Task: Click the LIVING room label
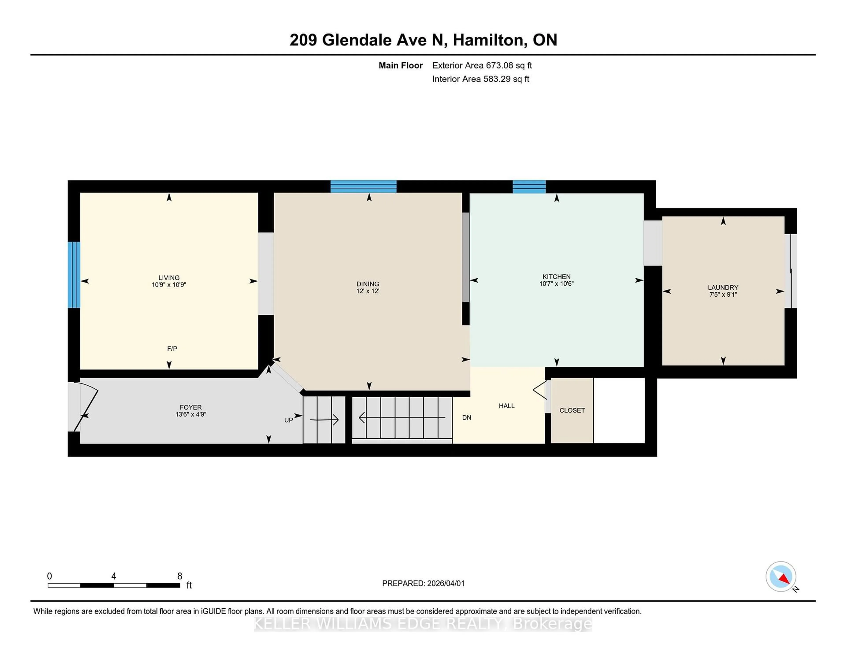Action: pyautogui.click(x=169, y=277)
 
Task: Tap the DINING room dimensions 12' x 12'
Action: pyautogui.click(x=368, y=291)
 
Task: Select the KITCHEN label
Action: pyautogui.click(x=556, y=277)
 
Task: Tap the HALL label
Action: pyautogui.click(x=506, y=406)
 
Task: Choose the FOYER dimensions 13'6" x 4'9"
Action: pyautogui.click(x=191, y=414)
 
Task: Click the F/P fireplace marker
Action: pyautogui.click(x=172, y=349)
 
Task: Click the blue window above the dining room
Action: pyautogui.click(x=363, y=186)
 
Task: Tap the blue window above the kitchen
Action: pyautogui.click(x=529, y=187)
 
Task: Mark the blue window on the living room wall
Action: pyautogui.click(x=74, y=275)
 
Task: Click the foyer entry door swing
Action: pyautogui.click(x=86, y=407)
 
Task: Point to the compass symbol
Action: pyautogui.click(x=781, y=576)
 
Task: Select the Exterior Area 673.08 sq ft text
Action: pyautogui.click(x=482, y=65)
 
